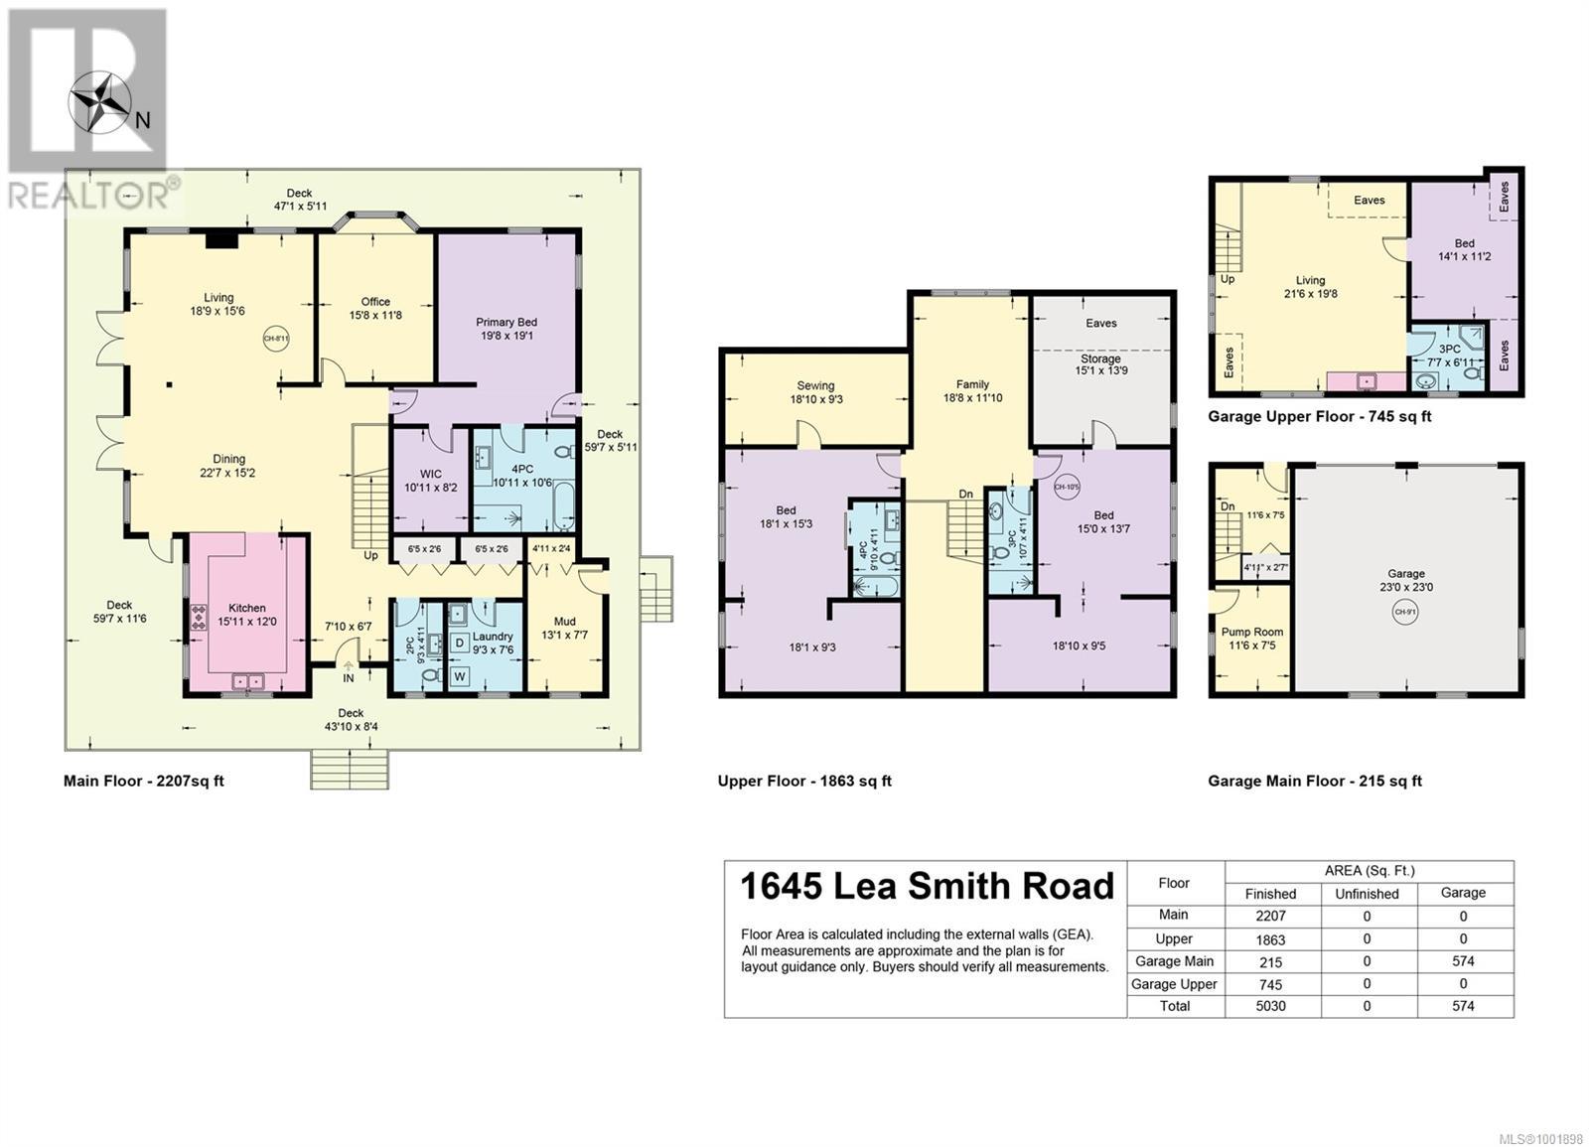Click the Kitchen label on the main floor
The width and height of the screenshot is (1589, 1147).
(247, 608)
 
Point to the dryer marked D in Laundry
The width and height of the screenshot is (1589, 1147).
(459, 643)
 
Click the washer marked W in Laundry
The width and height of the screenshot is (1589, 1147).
(459, 676)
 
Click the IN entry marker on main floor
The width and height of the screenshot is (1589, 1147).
(349, 678)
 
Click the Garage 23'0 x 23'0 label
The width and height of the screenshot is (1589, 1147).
(1406, 580)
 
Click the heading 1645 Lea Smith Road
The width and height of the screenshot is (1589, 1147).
(928, 886)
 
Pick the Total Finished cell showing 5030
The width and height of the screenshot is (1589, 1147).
(1270, 1006)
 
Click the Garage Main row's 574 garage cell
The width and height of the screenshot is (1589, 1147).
(1463, 961)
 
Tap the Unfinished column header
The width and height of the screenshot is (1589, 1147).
(1367, 893)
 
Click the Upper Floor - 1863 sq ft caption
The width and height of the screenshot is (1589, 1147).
(804, 781)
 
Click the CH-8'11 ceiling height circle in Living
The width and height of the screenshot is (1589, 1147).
(275, 339)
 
